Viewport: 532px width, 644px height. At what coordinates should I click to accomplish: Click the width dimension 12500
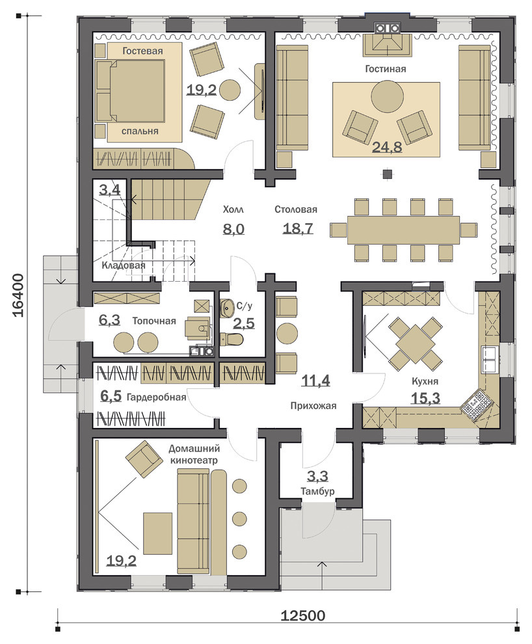click(303, 615)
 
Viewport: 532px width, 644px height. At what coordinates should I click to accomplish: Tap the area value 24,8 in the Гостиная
click(387, 146)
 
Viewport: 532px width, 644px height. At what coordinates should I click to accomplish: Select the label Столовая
click(295, 209)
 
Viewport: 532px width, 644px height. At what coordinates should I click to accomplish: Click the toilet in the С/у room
click(232, 340)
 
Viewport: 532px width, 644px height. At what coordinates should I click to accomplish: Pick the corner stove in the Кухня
click(475, 404)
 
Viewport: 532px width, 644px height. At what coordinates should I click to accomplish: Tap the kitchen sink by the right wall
click(489, 359)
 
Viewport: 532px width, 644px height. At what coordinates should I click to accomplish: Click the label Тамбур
click(317, 490)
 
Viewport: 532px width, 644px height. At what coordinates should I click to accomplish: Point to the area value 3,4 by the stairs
click(110, 190)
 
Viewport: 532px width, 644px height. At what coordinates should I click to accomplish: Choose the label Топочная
click(154, 321)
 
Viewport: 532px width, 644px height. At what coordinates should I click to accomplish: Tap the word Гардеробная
click(156, 397)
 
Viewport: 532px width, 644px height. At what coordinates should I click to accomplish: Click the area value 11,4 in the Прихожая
click(315, 381)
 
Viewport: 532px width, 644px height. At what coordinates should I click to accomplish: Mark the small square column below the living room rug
click(387, 174)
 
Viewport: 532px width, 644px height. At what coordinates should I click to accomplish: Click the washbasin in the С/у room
click(226, 306)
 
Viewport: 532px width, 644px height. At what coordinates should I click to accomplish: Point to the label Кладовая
click(124, 265)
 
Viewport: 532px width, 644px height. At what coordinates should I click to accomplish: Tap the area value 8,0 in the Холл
click(233, 228)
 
